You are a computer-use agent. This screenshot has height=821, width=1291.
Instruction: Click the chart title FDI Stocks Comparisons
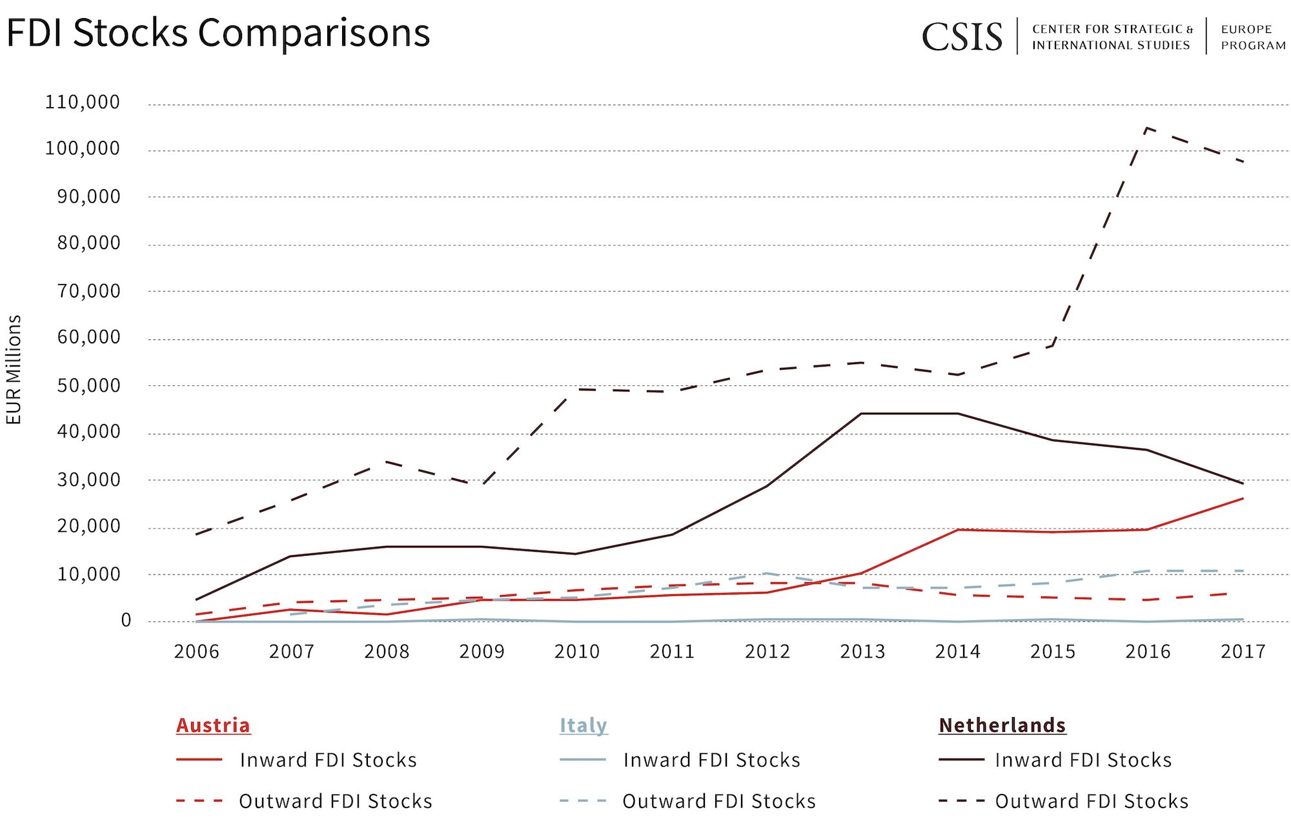tap(218, 34)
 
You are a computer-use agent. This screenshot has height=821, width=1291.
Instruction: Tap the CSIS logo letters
tap(962, 37)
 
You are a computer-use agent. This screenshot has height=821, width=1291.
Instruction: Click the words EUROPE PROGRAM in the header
tap(1253, 37)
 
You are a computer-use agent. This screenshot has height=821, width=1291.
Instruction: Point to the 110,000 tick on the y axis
tap(82, 102)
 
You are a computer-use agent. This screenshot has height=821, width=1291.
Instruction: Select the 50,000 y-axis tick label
tap(88, 386)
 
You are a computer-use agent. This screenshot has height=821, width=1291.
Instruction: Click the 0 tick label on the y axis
tap(126, 620)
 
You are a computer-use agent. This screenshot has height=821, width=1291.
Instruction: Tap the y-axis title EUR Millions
tap(14, 370)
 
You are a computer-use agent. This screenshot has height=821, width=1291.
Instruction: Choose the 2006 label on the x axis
tap(196, 652)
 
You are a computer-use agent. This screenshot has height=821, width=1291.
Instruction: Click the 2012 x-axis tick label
tap(767, 652)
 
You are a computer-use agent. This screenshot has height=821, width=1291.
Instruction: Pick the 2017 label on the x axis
tap(1243, 652)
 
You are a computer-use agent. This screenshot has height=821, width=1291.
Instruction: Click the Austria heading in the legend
tap(213, 725)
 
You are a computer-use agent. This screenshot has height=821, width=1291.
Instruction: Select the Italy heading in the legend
tap(583, 725)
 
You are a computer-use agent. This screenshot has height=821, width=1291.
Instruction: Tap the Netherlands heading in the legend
tap(1002, 725)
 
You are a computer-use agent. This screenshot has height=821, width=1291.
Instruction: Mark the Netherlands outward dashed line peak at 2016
tap(1146, 128)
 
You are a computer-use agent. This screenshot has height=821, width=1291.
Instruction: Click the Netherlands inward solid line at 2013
tap(862, 414)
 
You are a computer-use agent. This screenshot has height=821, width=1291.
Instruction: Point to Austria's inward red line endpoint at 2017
tap(1243, 498)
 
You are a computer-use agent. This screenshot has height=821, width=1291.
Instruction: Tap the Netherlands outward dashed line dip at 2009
tap(482, 484)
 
